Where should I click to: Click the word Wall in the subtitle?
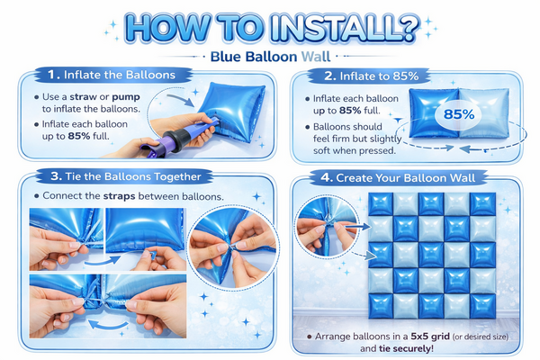316,57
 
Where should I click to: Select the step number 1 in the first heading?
53,75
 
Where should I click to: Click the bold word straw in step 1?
83,97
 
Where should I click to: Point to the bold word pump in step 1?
126,97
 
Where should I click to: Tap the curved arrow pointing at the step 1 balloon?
181,99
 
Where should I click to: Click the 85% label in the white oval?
459,114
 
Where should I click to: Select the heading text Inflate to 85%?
379,76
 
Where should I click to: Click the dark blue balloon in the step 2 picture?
434,113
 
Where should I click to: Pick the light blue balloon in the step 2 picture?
484,113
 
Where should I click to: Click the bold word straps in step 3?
119,196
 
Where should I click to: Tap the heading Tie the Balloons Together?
133,176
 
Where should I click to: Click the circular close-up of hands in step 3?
233,247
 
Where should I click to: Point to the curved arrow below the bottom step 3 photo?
108,325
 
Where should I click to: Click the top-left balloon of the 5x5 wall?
381,204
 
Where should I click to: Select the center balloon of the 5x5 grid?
431,255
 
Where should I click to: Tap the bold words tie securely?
407,348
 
